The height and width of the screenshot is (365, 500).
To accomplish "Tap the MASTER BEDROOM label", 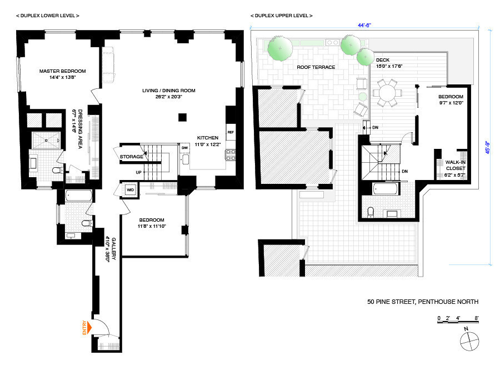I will (62, 74).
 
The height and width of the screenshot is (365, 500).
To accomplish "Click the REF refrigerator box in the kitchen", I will (231, 132).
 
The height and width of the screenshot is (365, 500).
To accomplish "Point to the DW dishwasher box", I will (184, 148).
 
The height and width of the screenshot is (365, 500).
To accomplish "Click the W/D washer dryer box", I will (131, 190).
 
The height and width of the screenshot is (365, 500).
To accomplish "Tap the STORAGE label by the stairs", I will (131, 157).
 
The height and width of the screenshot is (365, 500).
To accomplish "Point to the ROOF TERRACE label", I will (316, 67).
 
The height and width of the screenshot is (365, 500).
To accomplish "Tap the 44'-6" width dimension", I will (364, 24).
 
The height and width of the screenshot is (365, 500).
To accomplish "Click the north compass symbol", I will (468, 339).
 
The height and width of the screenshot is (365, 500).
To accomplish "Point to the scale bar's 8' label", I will (477, 318).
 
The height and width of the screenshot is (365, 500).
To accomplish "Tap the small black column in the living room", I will (182, 117).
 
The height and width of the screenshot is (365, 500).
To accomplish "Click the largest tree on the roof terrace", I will (280, 48).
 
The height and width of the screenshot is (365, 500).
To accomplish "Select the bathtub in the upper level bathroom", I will (386, 189).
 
